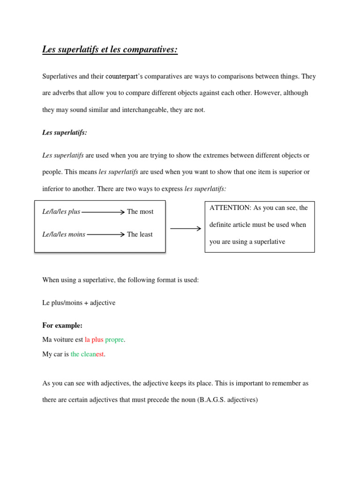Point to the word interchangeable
coord(147,110)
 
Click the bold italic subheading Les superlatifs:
coord(65,133)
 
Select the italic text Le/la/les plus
coord(61,211)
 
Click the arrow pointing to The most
coord(103,212)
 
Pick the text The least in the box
coord(140,234)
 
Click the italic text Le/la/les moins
coord(64,234)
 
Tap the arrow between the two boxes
coord(186,229)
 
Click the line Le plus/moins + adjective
coord(79,303)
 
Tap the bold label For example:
coord(62,325)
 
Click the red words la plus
coord(94,339)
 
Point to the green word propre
coord(115,339)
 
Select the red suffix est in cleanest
coord(100,354)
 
